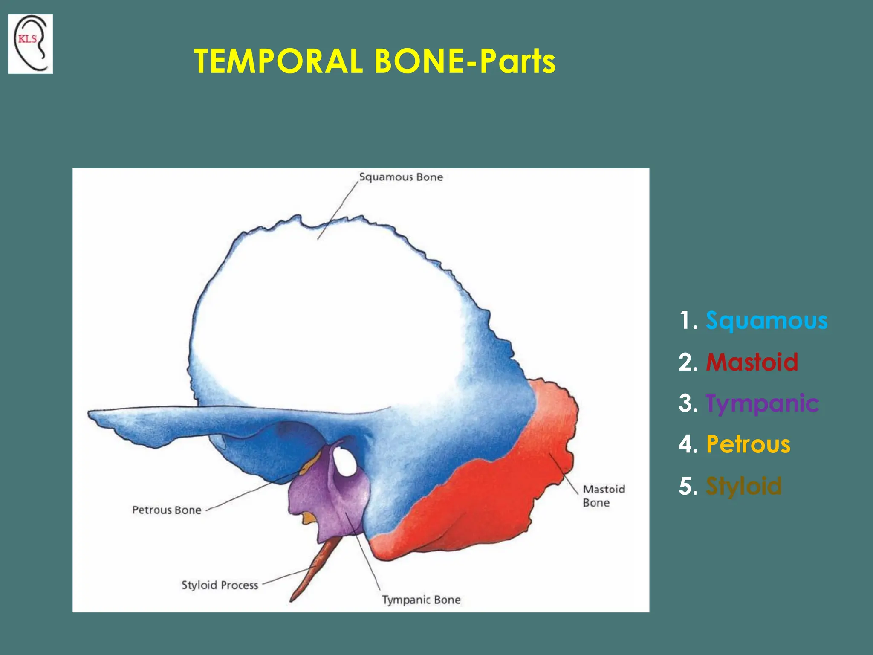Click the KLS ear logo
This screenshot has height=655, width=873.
30,44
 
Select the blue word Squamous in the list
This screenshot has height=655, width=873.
766,321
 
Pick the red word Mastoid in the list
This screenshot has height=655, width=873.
752,362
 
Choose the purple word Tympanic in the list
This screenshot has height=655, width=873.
762,403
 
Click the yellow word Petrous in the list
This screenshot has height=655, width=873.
748,444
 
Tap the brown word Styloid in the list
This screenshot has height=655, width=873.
744,486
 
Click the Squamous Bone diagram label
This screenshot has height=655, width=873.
401,177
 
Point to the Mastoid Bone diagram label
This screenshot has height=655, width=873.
604,496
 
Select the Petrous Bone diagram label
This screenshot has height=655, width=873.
166,510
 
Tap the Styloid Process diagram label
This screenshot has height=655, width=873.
220,585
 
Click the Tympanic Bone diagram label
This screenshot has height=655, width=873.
421,600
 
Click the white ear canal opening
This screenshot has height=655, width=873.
345,462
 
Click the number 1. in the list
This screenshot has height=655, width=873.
688,321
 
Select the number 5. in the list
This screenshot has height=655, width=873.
688,486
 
